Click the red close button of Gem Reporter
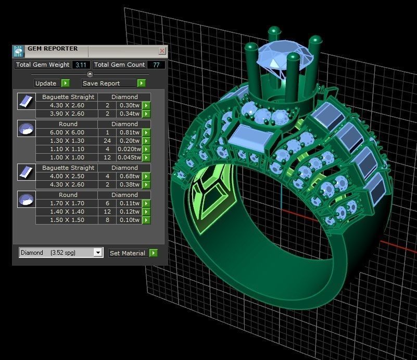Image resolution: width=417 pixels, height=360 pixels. coord(162,51)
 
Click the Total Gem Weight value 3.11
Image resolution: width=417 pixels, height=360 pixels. coord(81,65)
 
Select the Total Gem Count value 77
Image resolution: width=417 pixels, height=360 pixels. coord(156,65)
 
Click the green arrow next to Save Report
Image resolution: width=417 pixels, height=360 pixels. coord(141,83)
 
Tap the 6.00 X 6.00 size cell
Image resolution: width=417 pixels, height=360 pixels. coord(66,132)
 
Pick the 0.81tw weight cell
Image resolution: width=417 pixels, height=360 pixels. coord(129,132)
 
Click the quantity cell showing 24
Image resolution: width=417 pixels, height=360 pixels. coord(107,141)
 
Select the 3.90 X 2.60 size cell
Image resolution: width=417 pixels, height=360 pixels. coord(66,114)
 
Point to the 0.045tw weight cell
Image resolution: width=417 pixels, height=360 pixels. coord(129,157)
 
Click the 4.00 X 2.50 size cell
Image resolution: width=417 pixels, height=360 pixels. coord(66,176)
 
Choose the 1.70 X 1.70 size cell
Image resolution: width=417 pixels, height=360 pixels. coord(66,203)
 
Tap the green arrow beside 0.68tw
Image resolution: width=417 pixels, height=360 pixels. coord(146,176)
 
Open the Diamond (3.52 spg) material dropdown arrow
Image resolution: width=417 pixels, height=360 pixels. coord(97,253)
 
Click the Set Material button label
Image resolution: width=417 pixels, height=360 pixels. coord(128,253)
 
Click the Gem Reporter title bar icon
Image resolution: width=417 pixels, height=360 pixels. coord(18,51)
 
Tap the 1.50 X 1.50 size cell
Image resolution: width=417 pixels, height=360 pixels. coord(66,220)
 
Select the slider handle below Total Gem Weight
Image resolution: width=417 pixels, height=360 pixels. coord(90,74)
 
